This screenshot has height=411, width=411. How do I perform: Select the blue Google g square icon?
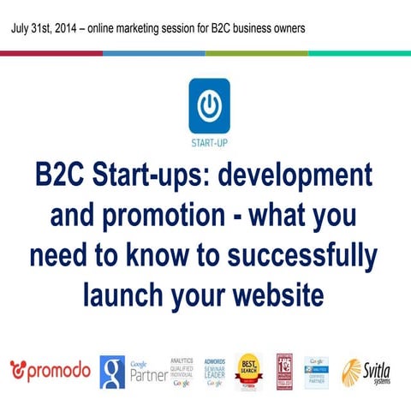tap(112, 370)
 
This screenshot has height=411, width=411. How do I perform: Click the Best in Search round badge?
tap(248, 370)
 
